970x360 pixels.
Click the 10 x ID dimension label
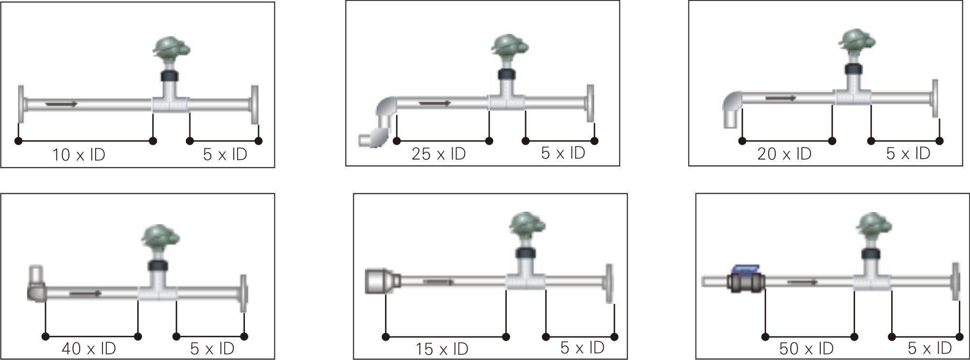[79, 155]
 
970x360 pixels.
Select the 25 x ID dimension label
[439, 154]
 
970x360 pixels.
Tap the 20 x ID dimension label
[785, 154]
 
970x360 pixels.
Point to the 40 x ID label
[89, 348]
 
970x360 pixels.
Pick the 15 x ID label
[442, 349]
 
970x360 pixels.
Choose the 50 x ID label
[806, 348]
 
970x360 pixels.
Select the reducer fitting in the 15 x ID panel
[382, 281]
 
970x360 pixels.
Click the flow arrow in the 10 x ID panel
[61, 104]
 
